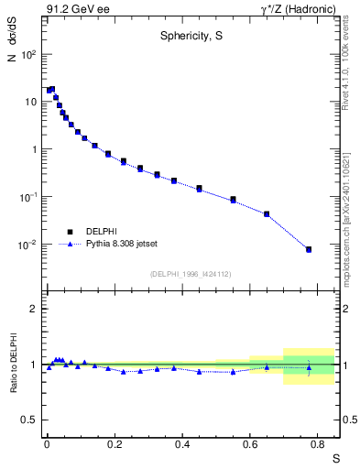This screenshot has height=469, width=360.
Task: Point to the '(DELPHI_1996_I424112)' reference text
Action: click(x=191, y=274)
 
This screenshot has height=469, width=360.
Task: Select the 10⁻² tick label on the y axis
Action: click(x=27, y=245)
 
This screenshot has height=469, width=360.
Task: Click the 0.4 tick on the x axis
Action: click(x=182, y=442)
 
